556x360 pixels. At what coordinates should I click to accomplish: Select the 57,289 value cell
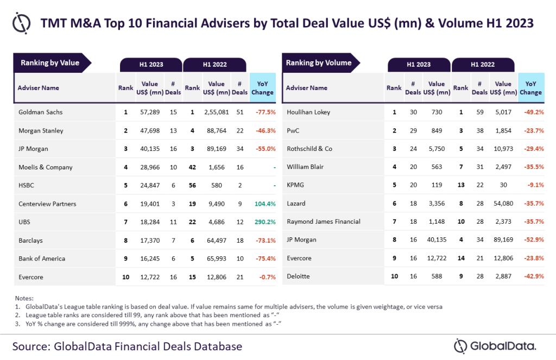coord(149,112)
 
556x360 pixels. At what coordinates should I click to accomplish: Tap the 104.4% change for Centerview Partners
coord(263,204)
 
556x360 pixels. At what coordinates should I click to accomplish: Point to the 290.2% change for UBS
coord(263,222)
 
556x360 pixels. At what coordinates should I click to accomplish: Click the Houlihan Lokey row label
coord(308,112)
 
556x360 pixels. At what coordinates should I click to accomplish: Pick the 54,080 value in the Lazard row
coord(503,203)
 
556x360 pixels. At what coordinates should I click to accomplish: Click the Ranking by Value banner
coord(50,63)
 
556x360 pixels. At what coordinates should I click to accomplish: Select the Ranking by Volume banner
coord(319,63)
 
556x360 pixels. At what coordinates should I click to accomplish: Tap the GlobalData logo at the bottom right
coord(495,346)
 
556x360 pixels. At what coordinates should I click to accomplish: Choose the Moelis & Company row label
coord(45,167)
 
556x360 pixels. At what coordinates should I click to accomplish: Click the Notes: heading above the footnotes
coord(24,298)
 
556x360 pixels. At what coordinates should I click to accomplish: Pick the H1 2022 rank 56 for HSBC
coord(192,186)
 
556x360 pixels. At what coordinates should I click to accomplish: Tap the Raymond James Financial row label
coord(324,222)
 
